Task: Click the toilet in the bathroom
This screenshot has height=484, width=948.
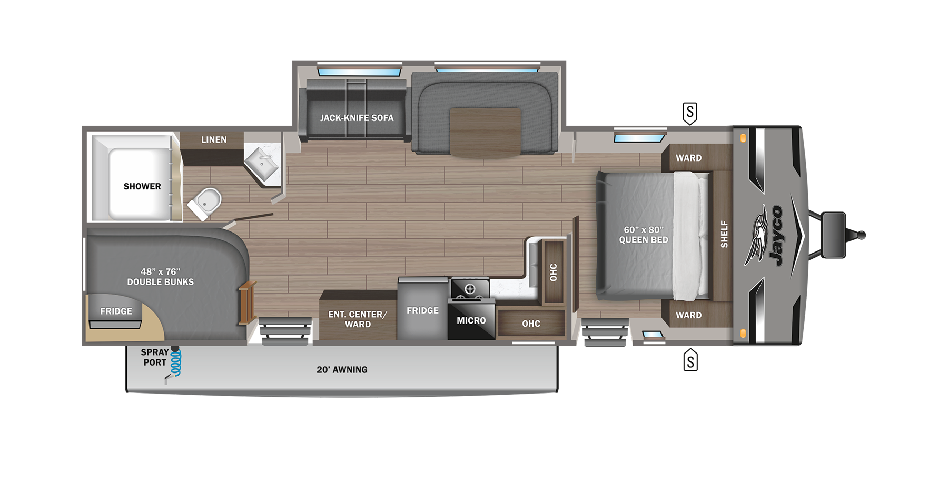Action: coord(205,203)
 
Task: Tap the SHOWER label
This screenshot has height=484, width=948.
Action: coord(142,186)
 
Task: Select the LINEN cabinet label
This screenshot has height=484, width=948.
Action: coord(214,139)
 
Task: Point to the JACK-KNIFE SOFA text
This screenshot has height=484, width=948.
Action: coord(357,118)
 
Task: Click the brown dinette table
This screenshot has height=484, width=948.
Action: coord(486,133)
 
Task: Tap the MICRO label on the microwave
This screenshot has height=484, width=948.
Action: coord(471,320)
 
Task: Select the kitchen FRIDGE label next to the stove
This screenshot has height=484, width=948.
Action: coord(422,310)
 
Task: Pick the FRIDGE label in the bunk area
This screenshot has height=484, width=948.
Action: coord(116,311)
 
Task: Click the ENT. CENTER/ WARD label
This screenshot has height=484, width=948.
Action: coord(358,319)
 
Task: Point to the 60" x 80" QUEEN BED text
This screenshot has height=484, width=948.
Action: coord(644,235)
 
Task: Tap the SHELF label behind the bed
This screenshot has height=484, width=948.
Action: coord(724,234)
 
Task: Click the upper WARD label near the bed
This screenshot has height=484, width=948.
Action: coord(689,158)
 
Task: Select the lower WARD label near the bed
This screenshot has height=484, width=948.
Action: coord(689,315)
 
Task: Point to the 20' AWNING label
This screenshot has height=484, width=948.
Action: coord(342,370)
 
